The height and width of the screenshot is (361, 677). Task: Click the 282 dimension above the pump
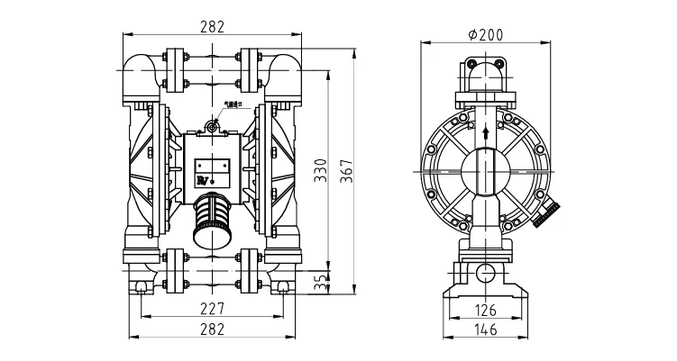tap(211, 26)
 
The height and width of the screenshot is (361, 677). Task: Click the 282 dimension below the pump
tap(211, 329)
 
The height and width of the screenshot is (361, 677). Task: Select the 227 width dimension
tap(211, 307)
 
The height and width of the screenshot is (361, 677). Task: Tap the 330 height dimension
tap(319, 171)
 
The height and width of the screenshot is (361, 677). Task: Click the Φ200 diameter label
tap(486, 34)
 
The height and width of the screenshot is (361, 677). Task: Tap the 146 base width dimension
tap(485, 329)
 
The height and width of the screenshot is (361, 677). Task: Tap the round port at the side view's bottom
tap(486, 273)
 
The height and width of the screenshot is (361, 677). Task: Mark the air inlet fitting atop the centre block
tap(213, 127)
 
